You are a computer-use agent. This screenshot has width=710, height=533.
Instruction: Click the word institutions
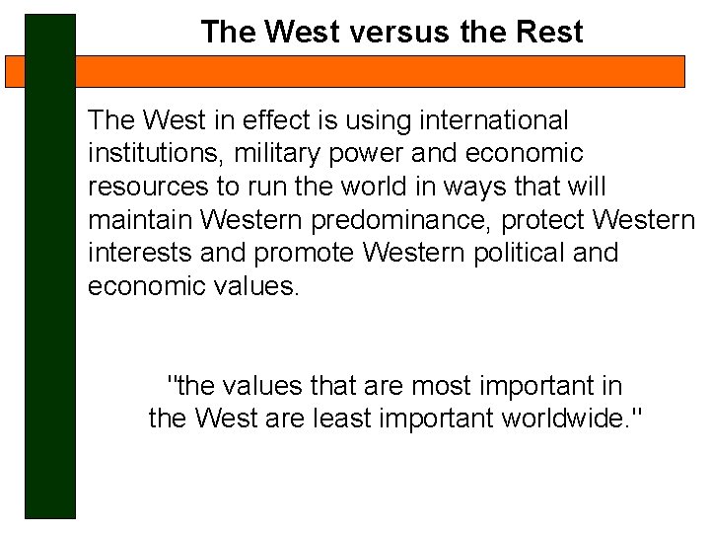(x=153, y=154)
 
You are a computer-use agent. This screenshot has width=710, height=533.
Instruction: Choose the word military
(x=271, y=154)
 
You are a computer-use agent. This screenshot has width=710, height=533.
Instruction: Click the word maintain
(x=141, y=219)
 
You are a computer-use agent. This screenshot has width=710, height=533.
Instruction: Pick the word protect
(x=547, y=220)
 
